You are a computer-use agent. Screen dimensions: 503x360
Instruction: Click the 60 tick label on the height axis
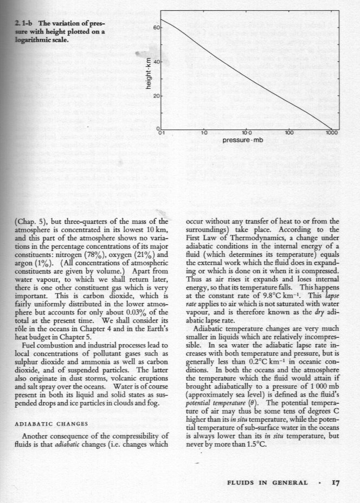coord(155,27)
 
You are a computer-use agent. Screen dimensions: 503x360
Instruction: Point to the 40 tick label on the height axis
coord(155,62)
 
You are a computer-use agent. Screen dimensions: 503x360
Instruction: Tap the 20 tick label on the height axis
coord(155,96)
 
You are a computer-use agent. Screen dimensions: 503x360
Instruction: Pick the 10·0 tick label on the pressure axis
coord(246,132)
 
